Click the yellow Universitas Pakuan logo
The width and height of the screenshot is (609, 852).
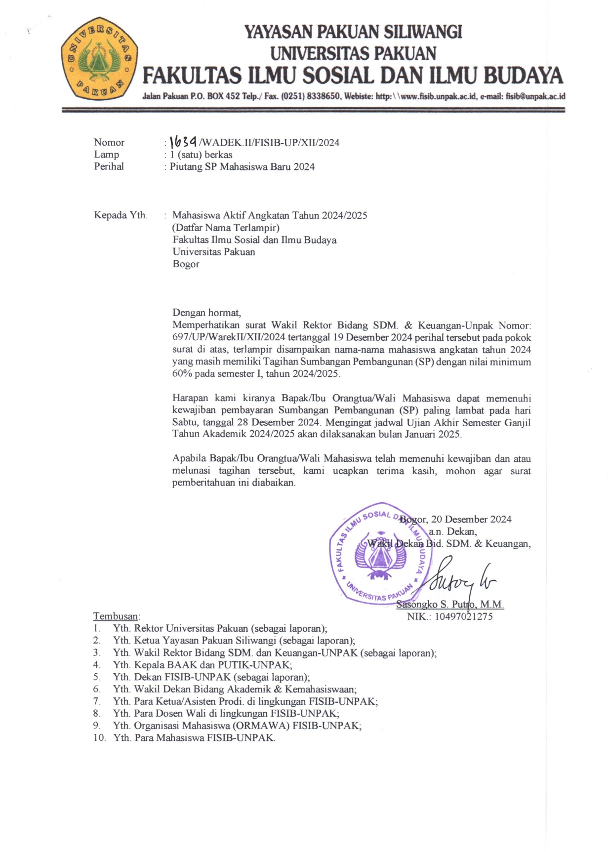(x=99, y=58)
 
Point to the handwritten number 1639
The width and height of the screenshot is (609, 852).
(x=183, y=142)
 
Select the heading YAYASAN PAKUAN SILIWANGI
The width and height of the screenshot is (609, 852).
(x=353, y=32)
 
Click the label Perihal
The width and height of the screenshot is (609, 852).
(x=109, y=166)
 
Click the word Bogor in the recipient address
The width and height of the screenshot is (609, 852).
(x=186, y=264)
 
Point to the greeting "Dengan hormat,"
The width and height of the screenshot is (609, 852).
(x=206, y=313)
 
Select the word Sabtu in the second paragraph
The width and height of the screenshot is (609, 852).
(x=185, y=422)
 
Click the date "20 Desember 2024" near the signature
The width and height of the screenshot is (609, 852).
(x=471, y=519)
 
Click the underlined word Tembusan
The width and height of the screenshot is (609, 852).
(x=116, y=616)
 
